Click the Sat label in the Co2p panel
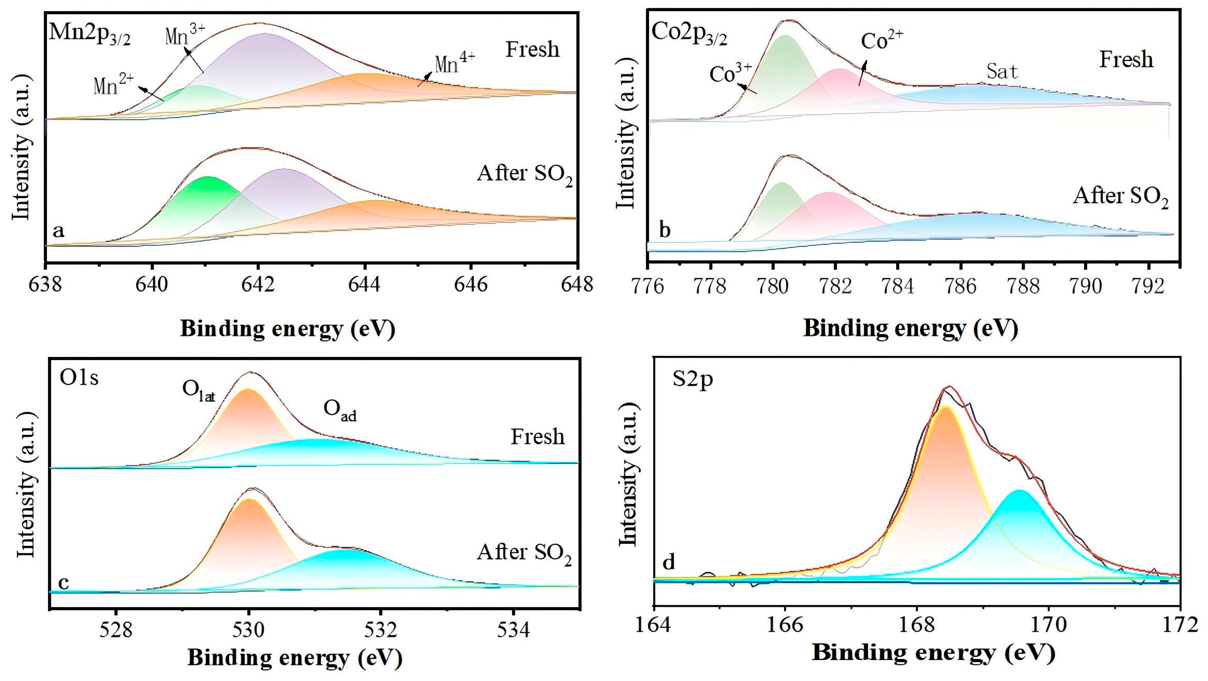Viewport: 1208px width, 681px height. pos(1002,72)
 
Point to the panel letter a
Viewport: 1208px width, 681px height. pos(58,231)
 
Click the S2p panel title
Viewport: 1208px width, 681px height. pos(693,379)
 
